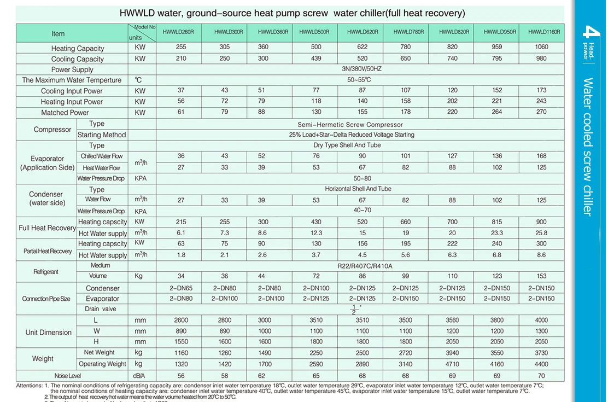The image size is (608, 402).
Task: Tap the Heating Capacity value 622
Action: (x=363, y=48)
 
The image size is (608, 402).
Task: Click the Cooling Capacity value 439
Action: (x=316, y=59)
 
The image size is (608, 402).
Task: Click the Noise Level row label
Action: (x=68, y=376)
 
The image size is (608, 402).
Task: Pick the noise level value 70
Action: (x=541, y=376)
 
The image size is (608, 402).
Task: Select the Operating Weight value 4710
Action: (x=452, y=364)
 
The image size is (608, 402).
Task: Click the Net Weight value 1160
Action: (x=181, y=353)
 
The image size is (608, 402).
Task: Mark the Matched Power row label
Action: (x=65, y=113)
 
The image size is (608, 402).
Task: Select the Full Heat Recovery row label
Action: (x=46, y=228)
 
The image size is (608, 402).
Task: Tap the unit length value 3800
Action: (x=496, y=321)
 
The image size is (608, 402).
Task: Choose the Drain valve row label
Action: (x=100, y=309)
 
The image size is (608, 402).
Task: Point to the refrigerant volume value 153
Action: (x=541, y=276)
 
